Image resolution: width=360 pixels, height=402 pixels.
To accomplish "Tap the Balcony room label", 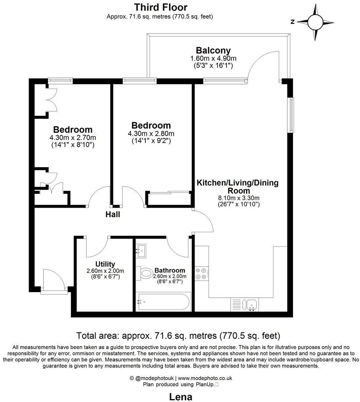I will point(213,50).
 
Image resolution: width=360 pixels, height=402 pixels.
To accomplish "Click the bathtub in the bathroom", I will point(163,301).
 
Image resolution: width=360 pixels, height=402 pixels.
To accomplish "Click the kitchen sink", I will point(250,304).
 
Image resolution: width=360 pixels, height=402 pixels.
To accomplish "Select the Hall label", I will point(113,215).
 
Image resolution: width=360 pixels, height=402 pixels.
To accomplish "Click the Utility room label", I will point(105,264).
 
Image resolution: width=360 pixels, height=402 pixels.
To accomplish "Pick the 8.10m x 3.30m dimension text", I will point(238,198).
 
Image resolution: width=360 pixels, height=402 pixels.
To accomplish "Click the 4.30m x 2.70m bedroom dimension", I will point(73,138).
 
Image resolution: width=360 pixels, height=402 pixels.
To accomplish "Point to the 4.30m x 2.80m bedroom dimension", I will point(151,134).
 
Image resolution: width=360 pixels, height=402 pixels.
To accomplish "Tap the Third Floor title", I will point(161,7).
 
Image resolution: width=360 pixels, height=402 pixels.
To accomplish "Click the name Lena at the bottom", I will point(181,397).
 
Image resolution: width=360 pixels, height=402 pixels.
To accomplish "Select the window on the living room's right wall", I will point(291,115).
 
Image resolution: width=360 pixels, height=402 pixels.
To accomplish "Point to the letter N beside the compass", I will point(293,22).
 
